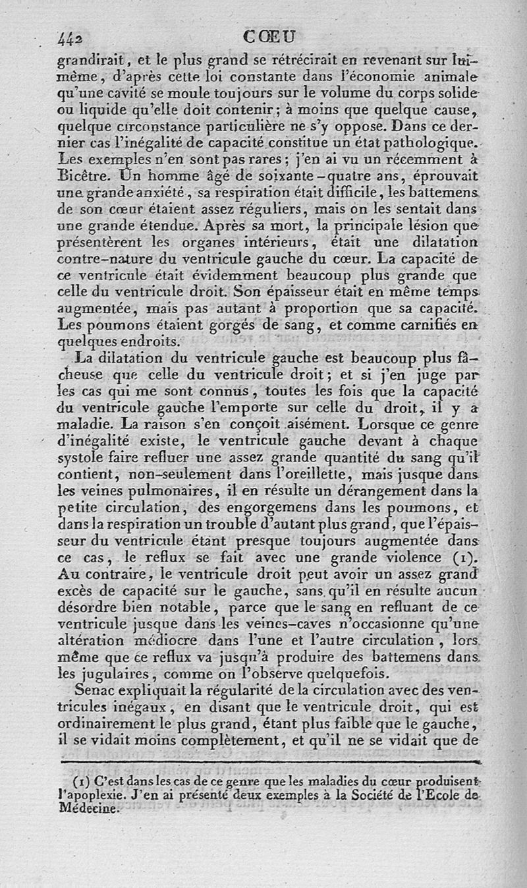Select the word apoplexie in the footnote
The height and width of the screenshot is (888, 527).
point(91,794)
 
